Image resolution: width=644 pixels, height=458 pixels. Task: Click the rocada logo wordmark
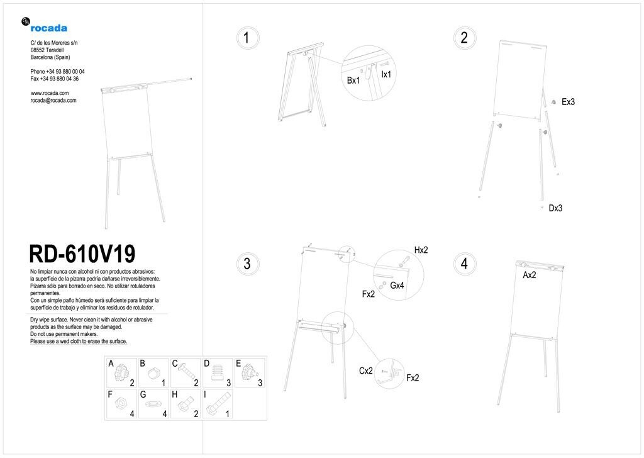48,28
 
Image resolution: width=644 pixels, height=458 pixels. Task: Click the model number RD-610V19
82,254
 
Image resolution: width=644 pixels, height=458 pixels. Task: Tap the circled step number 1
247,38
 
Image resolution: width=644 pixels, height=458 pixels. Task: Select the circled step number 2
465,38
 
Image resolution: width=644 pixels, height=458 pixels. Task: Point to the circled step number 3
247,264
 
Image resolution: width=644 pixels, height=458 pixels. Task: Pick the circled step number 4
465,264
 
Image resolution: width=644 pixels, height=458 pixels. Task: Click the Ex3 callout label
568,102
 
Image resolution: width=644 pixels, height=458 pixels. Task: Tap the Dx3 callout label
555,208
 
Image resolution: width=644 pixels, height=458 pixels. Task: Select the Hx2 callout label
421,250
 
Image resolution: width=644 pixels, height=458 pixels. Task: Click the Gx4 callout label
397,286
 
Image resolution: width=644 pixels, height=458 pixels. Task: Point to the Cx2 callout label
365,371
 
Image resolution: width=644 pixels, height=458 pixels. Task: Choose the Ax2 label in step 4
530,275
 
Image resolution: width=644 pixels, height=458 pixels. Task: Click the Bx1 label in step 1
353,81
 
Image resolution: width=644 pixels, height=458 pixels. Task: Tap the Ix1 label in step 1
386,74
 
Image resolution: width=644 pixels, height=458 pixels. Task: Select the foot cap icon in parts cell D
217,373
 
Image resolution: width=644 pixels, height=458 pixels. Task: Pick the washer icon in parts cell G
153,403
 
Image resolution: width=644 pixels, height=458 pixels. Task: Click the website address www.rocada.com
50,93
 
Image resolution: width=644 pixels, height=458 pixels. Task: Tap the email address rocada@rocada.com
53,100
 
